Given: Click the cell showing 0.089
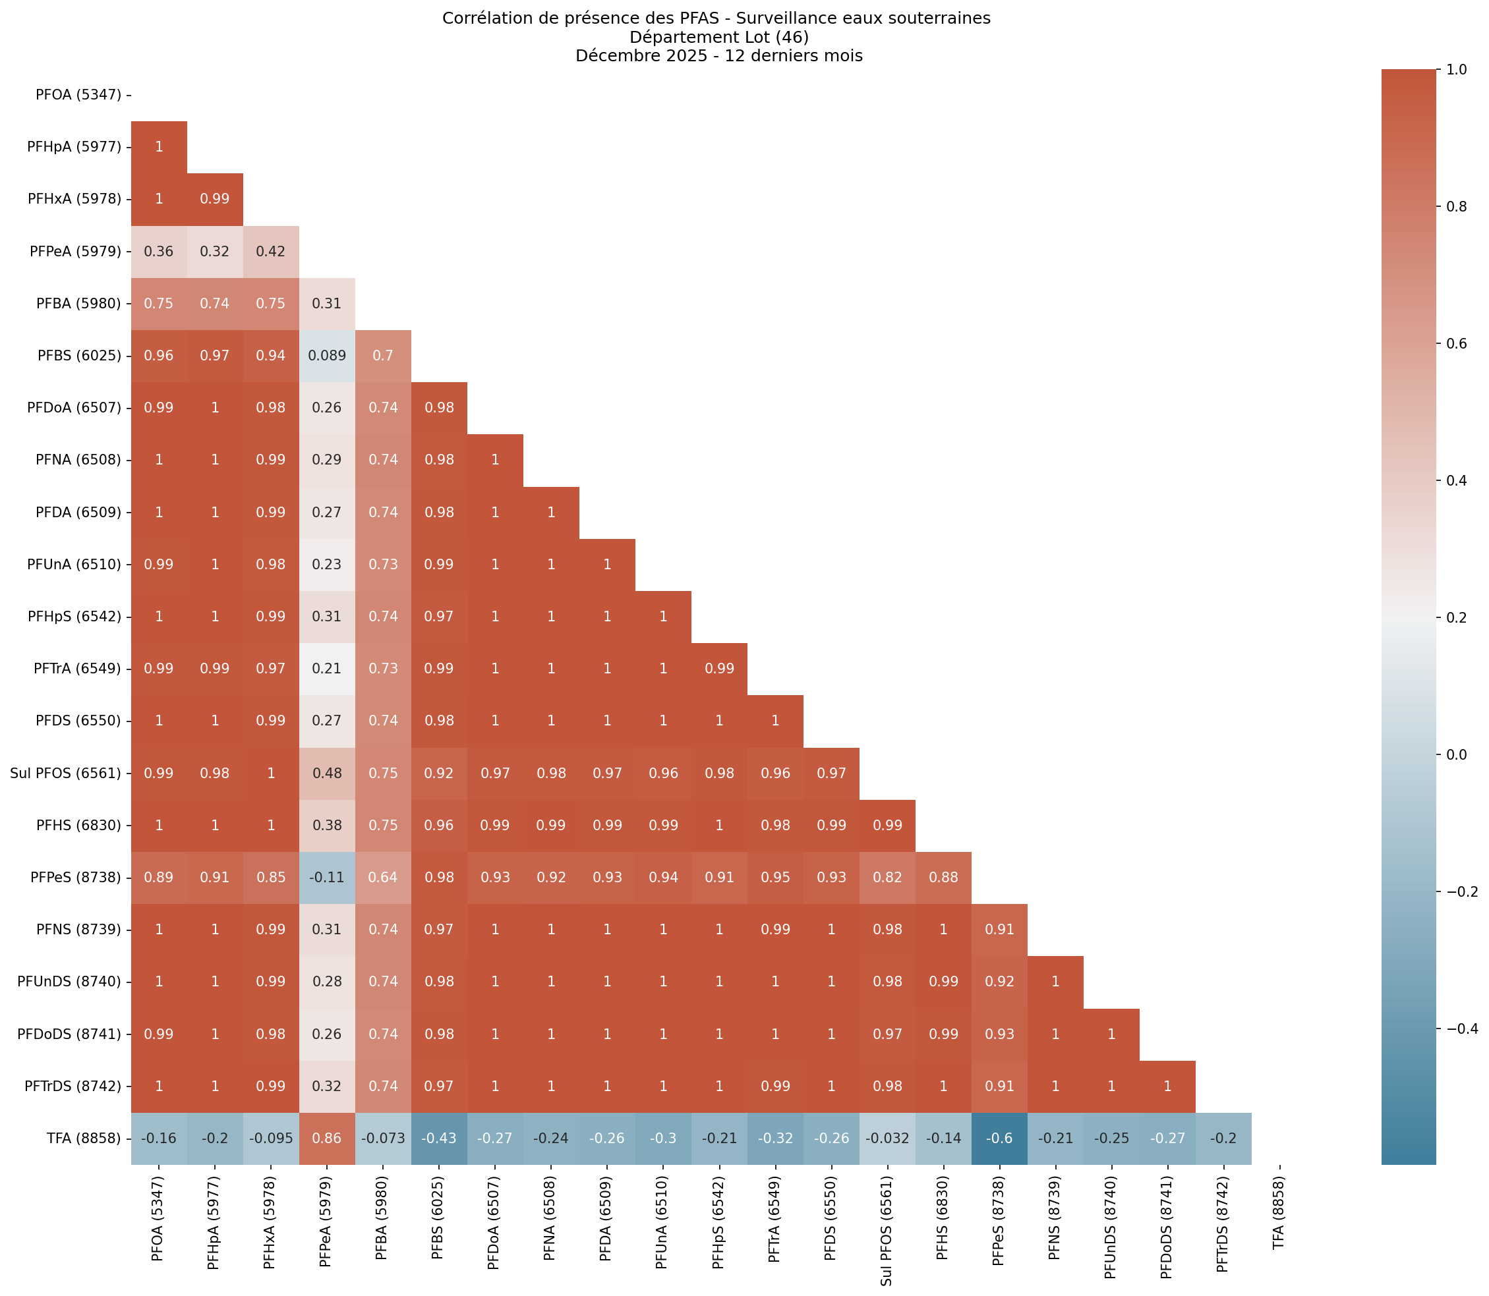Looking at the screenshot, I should [326, 356].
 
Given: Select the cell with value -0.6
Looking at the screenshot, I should [999, 1139].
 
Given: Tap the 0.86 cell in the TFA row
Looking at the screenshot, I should [326, 1139].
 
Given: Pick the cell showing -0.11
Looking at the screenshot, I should [326, 877].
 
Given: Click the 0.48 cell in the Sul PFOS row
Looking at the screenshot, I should [326, 773].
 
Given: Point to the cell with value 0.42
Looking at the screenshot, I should [271, 252].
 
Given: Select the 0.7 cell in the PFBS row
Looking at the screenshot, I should [383, 356].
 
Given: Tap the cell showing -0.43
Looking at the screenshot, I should [438, 1139].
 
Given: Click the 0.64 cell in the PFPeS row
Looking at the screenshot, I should [383, 877].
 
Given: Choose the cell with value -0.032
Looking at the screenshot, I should [887, 1139].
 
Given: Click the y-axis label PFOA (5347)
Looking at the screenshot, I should [78, 95].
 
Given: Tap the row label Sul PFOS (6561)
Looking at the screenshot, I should [66, 773].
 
